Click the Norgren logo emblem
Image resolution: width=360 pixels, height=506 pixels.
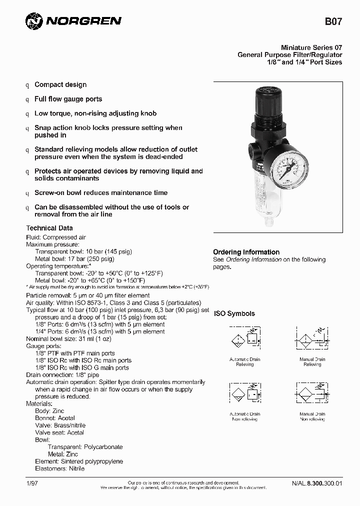[x=34, y=21]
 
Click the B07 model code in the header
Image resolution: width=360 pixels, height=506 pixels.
[x=333, y=21]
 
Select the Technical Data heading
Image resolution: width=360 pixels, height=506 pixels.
[x=49, y=228]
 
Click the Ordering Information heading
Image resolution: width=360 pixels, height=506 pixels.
[x=246, y=252]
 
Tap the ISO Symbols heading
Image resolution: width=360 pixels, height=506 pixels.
[x=234, y=313]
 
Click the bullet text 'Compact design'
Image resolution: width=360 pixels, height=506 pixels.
[x=60, y=84]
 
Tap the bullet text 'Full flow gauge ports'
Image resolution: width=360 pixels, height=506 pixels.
[x=68, y=99]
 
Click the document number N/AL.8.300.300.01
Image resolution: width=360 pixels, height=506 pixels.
[x=317, y=483]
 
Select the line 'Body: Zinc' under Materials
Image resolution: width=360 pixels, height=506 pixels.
[x=49, y=410]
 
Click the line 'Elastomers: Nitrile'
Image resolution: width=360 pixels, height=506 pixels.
[x=59, y=468]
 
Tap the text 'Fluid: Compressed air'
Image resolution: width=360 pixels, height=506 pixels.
[x=56, y=237]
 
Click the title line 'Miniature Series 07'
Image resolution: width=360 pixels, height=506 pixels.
[x=311, y=47]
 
